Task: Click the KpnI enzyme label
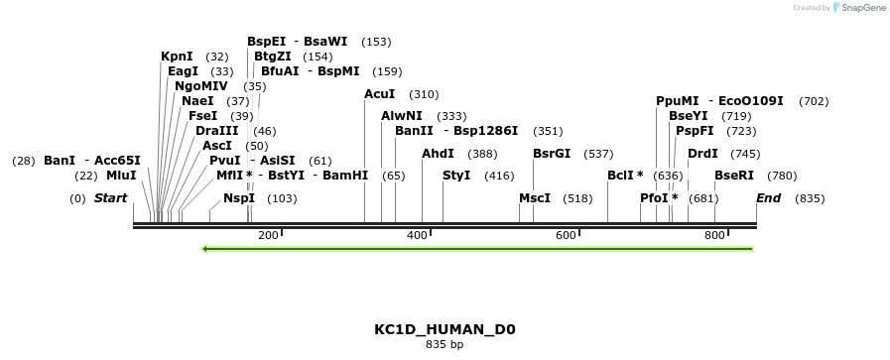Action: tap(177, 57)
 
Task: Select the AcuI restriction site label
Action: tap(380, 94)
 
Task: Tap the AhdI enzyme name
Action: tap(438, 154)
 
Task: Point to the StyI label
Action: tap(456, 176)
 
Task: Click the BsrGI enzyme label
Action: tap(552, 154)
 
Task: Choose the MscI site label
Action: tap(535, 198)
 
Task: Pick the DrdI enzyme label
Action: tap(702, 154)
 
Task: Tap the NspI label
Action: tap(239, 198)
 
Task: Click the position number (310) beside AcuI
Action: tap(424, 94)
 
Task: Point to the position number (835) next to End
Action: tap(810, 198)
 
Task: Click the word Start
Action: tap(111, 198)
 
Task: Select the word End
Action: tap(769, 198)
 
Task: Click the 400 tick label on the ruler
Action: tap(417, 236)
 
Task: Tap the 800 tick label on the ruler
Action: tap(714, 236)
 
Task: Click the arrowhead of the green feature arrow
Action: tap(205, 249)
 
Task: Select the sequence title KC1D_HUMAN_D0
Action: tap(445, 329)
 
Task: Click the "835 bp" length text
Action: tap(445, 345)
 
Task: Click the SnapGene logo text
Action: tap(859, 8)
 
